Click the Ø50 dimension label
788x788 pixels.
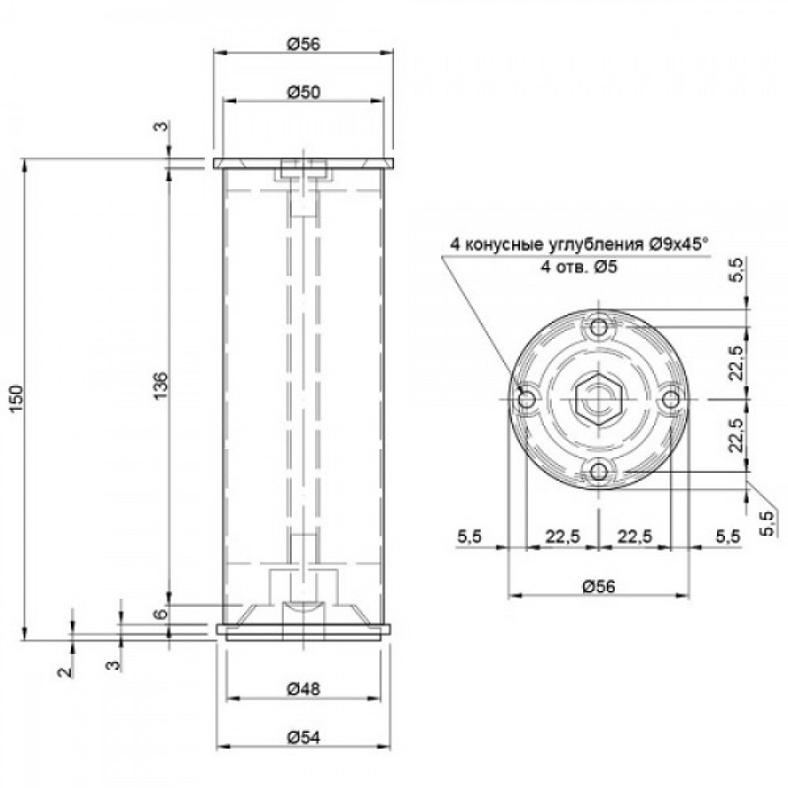tap(303, 92)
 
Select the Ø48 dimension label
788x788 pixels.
tap(303, 689)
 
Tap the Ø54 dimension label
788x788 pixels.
tap(303, 738)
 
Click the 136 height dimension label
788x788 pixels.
tap(160, 386)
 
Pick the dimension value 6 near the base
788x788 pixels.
tap(160, 614)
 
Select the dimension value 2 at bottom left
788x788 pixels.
tap(65, 671)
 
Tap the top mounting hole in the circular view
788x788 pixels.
tap(599, 328)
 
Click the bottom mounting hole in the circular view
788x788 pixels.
tap(599, 472)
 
